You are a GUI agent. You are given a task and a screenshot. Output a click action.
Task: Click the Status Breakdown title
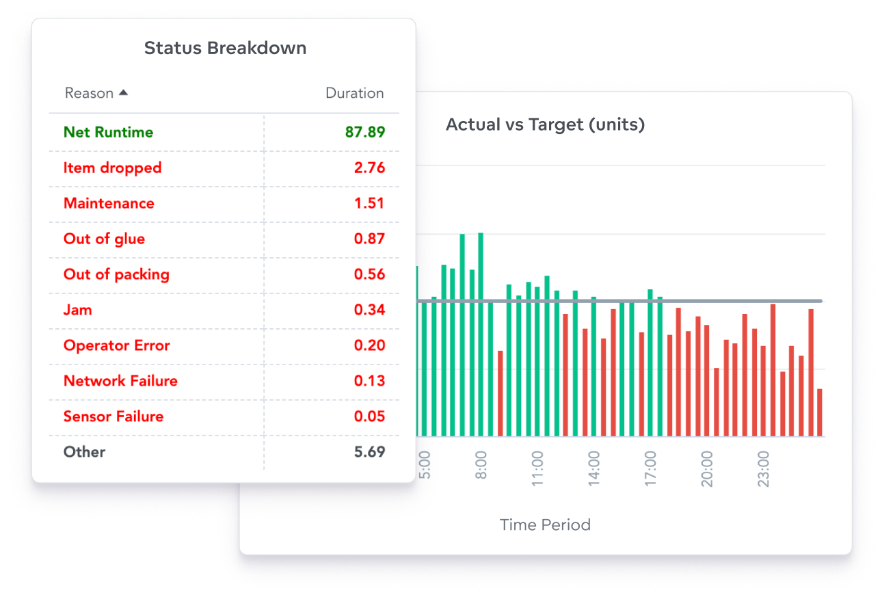point(225,49)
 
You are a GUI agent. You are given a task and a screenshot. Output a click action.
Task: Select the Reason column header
point(89,94)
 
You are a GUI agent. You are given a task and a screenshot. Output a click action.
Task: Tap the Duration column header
point(354,94)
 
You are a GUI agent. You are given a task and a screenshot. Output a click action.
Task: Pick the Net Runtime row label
point(108,133)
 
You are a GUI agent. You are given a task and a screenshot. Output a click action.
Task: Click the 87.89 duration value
point(365,133)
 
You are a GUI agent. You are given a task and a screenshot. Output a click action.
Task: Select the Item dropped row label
point(112,168)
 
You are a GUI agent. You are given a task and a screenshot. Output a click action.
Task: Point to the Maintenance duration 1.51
point(369,204)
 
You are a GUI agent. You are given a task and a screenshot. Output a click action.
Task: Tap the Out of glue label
point(104,239)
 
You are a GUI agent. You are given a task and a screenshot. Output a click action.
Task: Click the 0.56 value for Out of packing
point(369,275)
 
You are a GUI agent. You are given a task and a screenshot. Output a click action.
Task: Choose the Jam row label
point(77,310)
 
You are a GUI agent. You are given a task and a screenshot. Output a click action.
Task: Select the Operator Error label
point(116,346)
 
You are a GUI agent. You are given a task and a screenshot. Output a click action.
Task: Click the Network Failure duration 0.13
point(369,382)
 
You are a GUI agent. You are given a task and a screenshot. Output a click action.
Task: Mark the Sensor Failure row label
point(113,417)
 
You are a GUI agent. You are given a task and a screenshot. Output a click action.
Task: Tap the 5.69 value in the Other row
point(369,453)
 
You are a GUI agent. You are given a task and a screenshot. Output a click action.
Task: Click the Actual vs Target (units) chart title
point(545,125)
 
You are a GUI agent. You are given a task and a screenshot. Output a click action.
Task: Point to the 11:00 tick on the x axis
point(537,468)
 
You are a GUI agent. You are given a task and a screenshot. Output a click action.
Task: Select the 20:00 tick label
point(707,468)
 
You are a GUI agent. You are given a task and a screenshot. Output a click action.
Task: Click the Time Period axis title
point(545,525)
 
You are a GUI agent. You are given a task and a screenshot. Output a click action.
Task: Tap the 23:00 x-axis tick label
point(764,468)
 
